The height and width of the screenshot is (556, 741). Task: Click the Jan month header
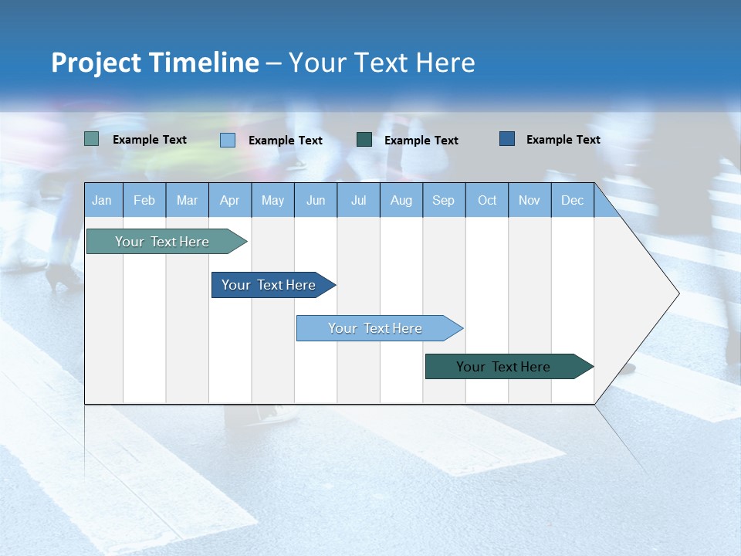[102, 200]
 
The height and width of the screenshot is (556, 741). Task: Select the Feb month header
[144, 200]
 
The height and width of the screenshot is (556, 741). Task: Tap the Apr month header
[229, 200]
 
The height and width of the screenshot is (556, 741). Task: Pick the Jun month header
[316, 200]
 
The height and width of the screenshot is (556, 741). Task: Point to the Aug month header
[401, 200]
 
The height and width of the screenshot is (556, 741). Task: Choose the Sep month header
[443, 200]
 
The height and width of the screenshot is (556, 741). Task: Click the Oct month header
[487, 200]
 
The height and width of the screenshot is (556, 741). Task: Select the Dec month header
[572, 200]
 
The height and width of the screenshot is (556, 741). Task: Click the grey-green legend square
[92, 139]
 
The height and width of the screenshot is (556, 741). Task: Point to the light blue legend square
[228, 140]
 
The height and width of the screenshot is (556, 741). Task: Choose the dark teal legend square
[364, 140]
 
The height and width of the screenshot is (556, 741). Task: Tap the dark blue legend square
[507, 139]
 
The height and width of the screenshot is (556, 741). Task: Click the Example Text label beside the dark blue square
[563, 140]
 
